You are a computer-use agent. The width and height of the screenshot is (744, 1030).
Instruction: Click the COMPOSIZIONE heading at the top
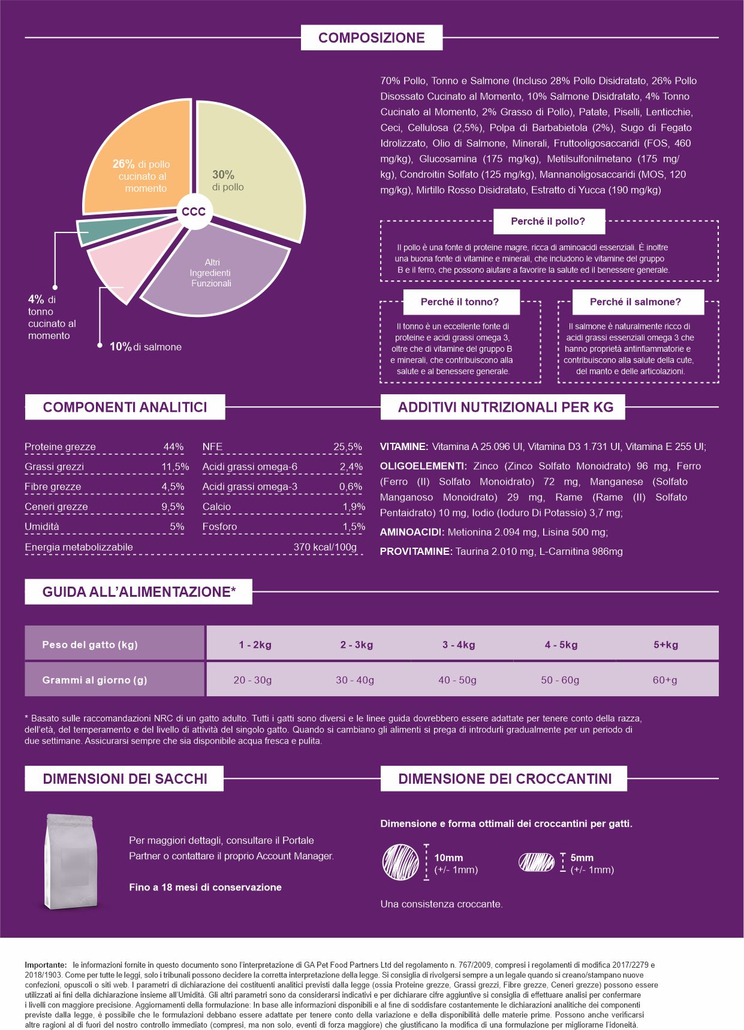[x=371, y=38]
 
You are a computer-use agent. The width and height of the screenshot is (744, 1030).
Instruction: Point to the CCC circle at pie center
[x=194, y=212]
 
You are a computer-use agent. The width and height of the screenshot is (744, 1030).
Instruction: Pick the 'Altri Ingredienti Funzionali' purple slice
[x=216, y=273]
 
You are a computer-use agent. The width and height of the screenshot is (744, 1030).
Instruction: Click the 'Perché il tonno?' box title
[x=460, y=302]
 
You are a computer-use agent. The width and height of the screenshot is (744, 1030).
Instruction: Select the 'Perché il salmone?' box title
[x=635, y=302]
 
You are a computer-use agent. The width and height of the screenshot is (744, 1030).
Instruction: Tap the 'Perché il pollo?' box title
[x=548, y=221]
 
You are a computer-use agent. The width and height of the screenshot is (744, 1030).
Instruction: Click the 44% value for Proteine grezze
[x=173, y=447]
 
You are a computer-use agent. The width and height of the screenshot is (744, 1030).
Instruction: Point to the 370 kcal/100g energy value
[x=325, y=547]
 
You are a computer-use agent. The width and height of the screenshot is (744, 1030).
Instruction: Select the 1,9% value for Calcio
[x=354, y=507]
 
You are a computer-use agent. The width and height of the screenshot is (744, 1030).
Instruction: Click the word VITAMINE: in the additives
[x=404, y=447]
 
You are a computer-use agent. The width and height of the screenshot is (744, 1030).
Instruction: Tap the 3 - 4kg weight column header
[x=459, y=645]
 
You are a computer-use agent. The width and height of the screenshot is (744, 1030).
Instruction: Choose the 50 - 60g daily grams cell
[x=560, y=680]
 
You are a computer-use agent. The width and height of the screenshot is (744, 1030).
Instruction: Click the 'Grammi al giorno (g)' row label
[x=95, y=680]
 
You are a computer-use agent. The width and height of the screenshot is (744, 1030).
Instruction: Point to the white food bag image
[x=71, y=861]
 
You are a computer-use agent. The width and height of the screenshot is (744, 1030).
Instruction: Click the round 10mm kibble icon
[x=400, y=862]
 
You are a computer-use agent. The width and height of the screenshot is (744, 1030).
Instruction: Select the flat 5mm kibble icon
[x=537, y=862]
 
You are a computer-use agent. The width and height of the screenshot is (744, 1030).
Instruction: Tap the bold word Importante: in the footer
[x=46, y=965]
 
